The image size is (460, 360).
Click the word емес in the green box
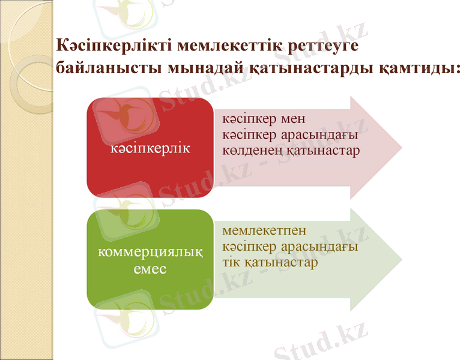pyautogui.click(x=150, y=269)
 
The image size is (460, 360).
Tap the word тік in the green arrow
pyautogui.click(x=232, y=263)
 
